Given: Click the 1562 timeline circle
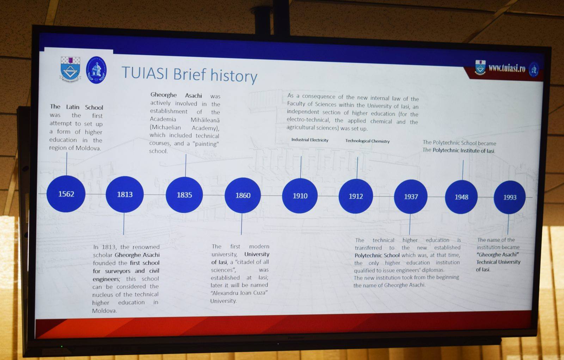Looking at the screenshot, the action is (x=66, y=194).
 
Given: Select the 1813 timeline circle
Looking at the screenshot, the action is (x=125, y=194).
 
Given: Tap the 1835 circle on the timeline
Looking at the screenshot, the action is (x=184, y=195).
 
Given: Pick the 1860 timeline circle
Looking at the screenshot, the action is (x=243, y=195).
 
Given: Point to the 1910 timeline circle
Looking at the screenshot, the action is (x=300, y=196).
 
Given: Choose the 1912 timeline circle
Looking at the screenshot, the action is (x=356, y=196).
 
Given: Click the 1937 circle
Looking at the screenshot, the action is (x=411, y=196).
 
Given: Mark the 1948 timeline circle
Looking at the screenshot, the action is (x=461, y=197).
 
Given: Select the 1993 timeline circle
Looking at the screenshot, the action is (x=510, y=197).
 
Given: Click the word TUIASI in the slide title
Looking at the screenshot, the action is (x=145, y=73).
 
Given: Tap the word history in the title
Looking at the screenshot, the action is (x=234, y=75).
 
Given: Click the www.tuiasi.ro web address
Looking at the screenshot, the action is (x=507, y=68).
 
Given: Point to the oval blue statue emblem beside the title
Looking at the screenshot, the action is (x=96, y=70).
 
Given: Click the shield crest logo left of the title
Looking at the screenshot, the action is (x=70, y=69).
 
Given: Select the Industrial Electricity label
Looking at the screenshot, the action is (x=310, y=140).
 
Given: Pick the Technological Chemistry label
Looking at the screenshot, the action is (x=367, y=141).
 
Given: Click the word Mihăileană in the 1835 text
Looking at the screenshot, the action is (x=205, y=120).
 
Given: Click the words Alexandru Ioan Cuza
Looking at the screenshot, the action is (x=240, y=293).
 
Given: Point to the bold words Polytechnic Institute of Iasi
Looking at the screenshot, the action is (x=464, y=151).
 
